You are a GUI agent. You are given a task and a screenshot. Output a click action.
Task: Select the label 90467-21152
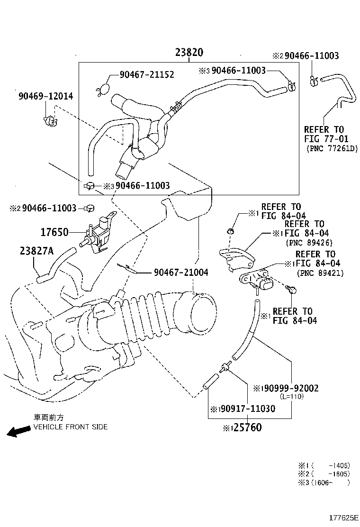146,74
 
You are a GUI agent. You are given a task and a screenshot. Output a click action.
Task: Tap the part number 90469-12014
46,96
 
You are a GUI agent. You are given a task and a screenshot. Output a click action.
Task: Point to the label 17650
54,232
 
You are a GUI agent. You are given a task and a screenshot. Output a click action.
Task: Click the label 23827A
37,251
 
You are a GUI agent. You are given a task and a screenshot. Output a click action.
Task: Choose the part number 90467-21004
180,273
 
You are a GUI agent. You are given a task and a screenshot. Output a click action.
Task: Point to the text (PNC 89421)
320,273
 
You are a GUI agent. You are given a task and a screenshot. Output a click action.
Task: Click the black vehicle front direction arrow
18,431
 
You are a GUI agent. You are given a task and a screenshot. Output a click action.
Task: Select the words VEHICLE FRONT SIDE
70,427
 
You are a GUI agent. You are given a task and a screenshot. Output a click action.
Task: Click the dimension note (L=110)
291,397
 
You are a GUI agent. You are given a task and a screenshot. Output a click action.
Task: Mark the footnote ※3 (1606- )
324,482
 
